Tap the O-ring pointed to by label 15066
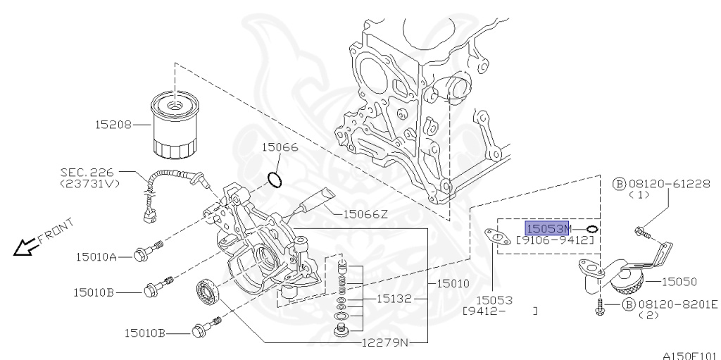[276, 179]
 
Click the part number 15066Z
[365, 213]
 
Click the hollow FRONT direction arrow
[26, 246]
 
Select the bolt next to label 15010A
[147, 252]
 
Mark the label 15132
[393, 299]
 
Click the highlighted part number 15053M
[548, 229]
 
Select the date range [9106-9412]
[558, 241]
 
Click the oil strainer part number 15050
[678, 282]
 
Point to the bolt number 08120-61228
[667, 183]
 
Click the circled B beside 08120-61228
[620, 183]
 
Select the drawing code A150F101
[689, 354]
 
